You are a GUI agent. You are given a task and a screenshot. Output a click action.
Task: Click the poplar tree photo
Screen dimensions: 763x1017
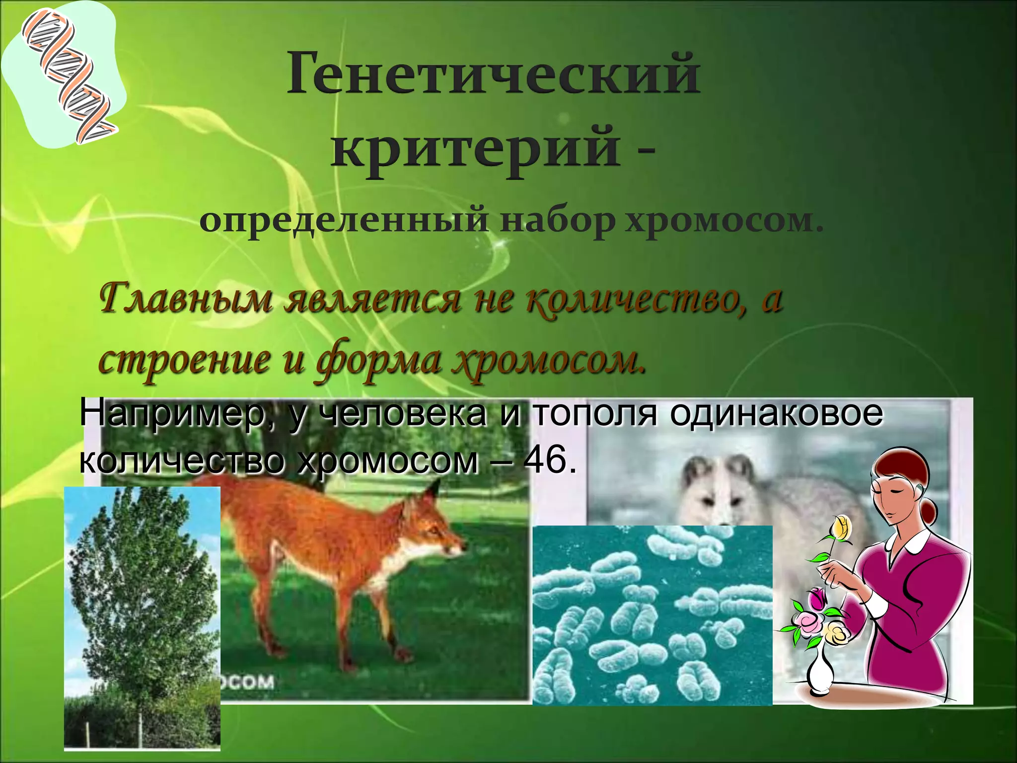coord(142,616)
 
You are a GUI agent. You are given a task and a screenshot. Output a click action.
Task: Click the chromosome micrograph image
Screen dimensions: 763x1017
coord(652,616)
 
